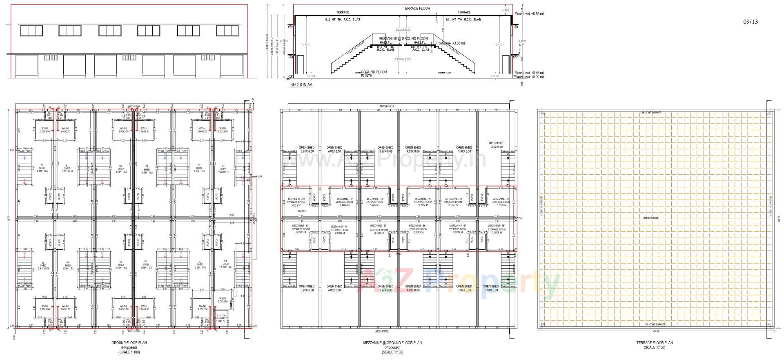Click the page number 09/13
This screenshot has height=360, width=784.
click(x=750, y=22)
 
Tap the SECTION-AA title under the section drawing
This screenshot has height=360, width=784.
click(x=301, y=85)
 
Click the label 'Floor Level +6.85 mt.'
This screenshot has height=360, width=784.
click(x=529, y=14)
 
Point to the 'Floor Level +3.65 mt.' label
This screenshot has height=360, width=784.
click(x=450, y=43)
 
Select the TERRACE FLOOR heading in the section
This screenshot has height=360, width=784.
click(x=416, y=9)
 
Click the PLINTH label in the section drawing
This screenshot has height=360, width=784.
click(x=366, y=76)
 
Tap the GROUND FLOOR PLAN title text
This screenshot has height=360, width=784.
click(x=129, y=343)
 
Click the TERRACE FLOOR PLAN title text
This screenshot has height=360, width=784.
click(x=654, y=343)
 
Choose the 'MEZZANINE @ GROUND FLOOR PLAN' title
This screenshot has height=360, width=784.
click(x=392, y=343)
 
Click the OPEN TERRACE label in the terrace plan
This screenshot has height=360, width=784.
click(x=651, y=218)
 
